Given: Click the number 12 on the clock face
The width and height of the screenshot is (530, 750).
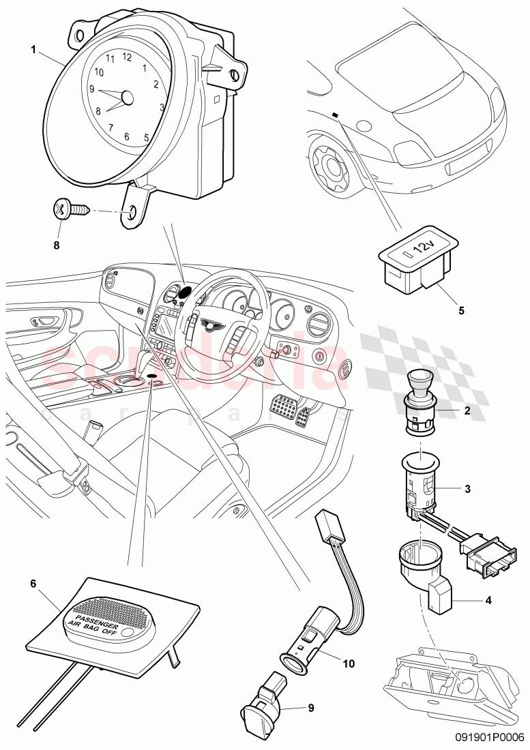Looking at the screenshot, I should click(126, 57).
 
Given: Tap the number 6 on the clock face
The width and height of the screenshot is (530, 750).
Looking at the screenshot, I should click(126, 136).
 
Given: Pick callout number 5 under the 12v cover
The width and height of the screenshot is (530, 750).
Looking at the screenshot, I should click(461, 310).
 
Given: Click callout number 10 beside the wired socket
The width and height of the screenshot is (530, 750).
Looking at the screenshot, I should click(349, 661).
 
